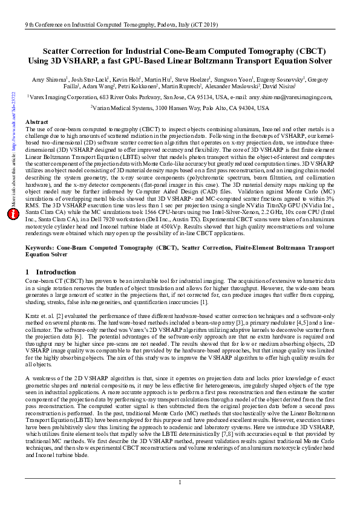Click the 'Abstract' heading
38,122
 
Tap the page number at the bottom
180,481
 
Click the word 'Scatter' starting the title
59,52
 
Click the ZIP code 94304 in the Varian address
246,108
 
